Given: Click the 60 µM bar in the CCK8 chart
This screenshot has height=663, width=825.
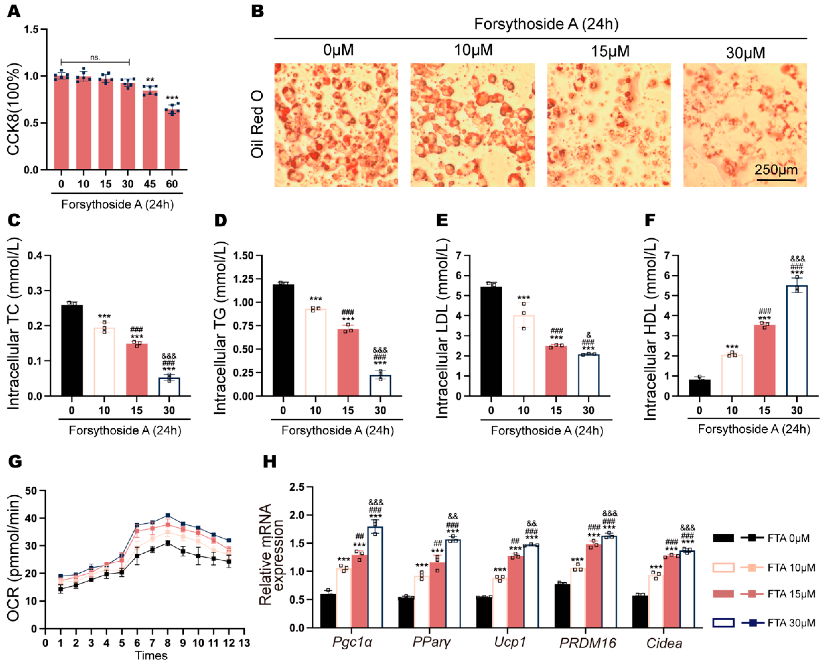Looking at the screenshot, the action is [172, 140].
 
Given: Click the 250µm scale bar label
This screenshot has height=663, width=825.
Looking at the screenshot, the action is [776, 170].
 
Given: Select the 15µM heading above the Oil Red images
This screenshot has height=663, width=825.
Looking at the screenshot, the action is [610, 51].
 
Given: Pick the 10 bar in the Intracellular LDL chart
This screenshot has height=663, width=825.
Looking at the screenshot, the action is [524, 356].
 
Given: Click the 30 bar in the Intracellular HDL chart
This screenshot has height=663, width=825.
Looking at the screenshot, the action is [797, 341].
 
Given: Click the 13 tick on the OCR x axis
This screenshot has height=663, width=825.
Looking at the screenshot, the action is [244, 643].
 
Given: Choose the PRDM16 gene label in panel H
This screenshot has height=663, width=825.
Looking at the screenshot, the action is [588, 643].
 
